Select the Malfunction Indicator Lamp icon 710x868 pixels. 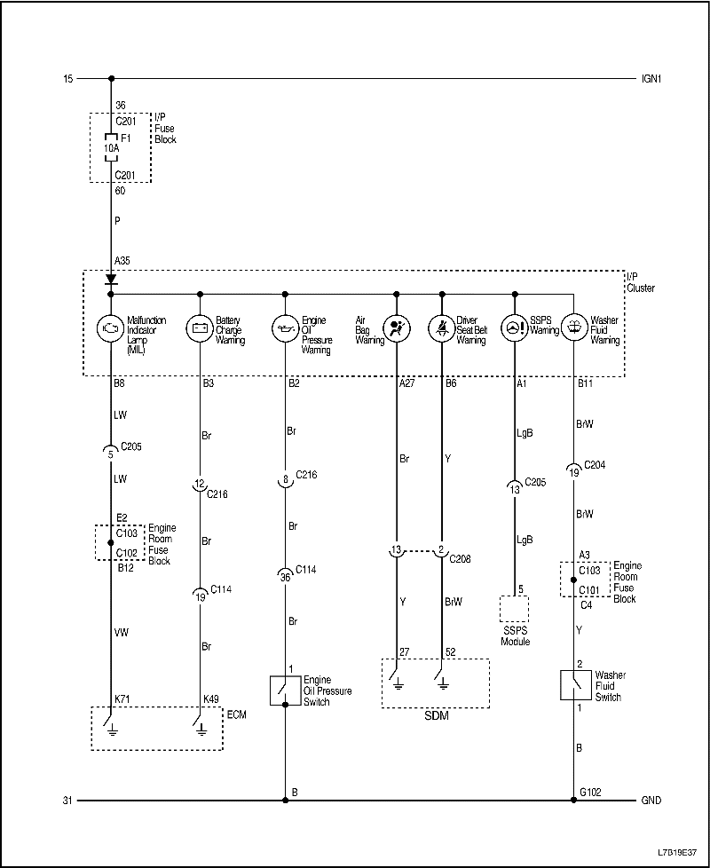pyautogui.click(x=111, y=327)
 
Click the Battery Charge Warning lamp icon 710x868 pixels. pyautogui.click(x=200, y=327)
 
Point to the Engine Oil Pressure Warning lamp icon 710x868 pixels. pyautogui.click(x=285, y=327)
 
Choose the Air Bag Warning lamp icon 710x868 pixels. pyautogui.click(x=397, y=327)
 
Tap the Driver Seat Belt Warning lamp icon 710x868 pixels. pyautogui.click(x=442, y=327)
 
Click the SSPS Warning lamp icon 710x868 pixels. pyautogui.click(x=515, y=327)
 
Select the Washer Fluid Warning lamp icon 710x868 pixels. pyautogui.click(x=574, y=327)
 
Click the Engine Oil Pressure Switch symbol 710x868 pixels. pyautogui.click(x=285, y=689)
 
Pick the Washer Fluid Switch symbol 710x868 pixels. pyautogui.click(x=574, y=684)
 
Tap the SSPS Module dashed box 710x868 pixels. pyautogui.click(x=515, y=610)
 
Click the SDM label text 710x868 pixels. pyautogui.click(x=435, y=716)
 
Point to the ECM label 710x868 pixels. pyautogui.click(x=236, y=714)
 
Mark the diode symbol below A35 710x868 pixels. pyautogui.click(x=111, y=279)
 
